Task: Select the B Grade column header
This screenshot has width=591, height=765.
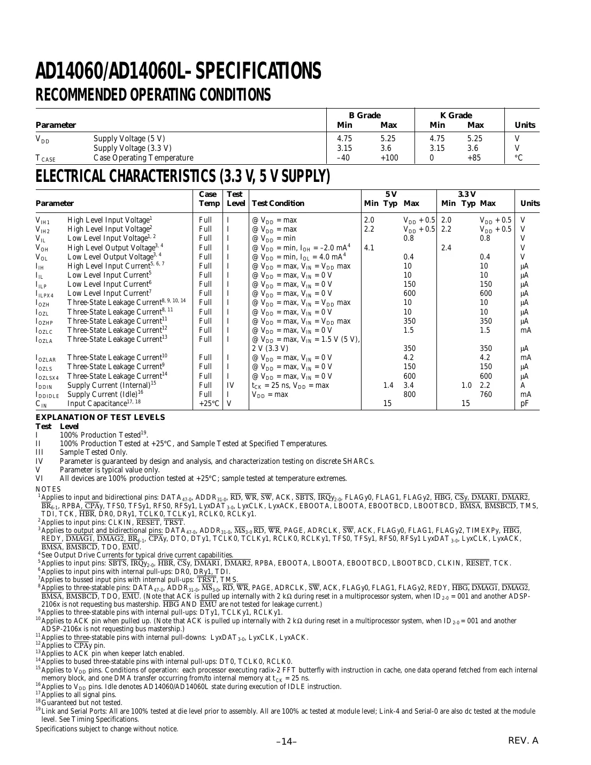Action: click(x=365, y=115)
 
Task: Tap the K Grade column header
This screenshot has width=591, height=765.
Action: click(x=456, y=115)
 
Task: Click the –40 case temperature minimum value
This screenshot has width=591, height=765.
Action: click(x=343, y=158)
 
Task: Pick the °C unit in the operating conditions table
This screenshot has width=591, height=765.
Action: click(x=518, y=158)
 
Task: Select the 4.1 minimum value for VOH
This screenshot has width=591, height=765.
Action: click(x=369, y=248)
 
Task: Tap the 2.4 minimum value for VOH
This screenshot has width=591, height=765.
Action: click(x=446, y=248)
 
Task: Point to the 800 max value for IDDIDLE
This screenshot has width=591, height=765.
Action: click(x=409, y=394)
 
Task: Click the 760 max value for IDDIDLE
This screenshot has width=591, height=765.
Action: click(x=486, y=394)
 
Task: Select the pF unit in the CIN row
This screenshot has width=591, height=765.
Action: click(x=525, y=403)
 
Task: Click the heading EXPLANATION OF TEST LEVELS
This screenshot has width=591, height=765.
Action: click(x=101, y=418)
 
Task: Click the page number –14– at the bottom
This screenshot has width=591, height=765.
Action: click(x=286, y=741)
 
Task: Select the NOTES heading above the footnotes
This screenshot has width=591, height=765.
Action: click(x=48, y=489)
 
